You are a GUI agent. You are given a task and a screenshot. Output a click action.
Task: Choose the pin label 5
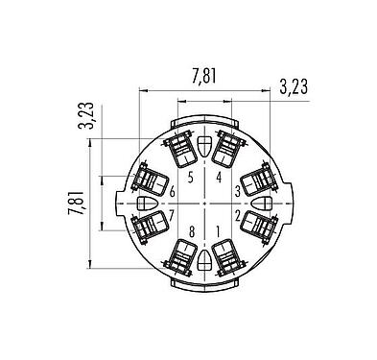pos(191,178)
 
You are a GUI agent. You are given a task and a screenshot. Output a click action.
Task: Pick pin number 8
pos(191,230)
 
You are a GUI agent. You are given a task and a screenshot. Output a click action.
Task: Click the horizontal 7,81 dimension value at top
pos(203,76)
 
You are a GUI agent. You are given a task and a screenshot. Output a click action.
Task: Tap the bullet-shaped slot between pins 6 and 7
pos(146,204)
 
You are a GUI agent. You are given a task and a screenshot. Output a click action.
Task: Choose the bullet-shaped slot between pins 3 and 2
pos(263,204)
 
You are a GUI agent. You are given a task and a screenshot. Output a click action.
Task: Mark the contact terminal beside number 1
pos(227,255)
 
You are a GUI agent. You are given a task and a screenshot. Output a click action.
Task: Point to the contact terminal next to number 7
pos(152,227)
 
